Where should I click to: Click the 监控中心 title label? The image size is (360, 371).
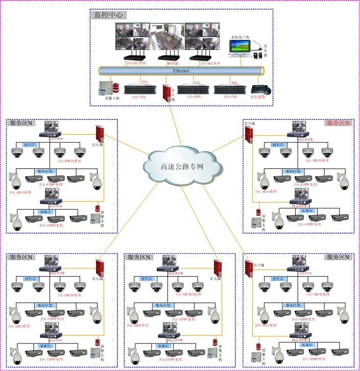click(x=109, y=15)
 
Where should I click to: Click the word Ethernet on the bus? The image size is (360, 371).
click(x=181, y=71)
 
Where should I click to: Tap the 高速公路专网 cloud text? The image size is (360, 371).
click(x=182, y=166)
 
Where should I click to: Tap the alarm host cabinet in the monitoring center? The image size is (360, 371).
click(x=106, y=88)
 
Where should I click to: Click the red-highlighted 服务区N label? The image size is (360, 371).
click(x=338, y=123)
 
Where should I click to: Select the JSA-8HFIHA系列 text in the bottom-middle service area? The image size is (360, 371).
click(x=187, y=295)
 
